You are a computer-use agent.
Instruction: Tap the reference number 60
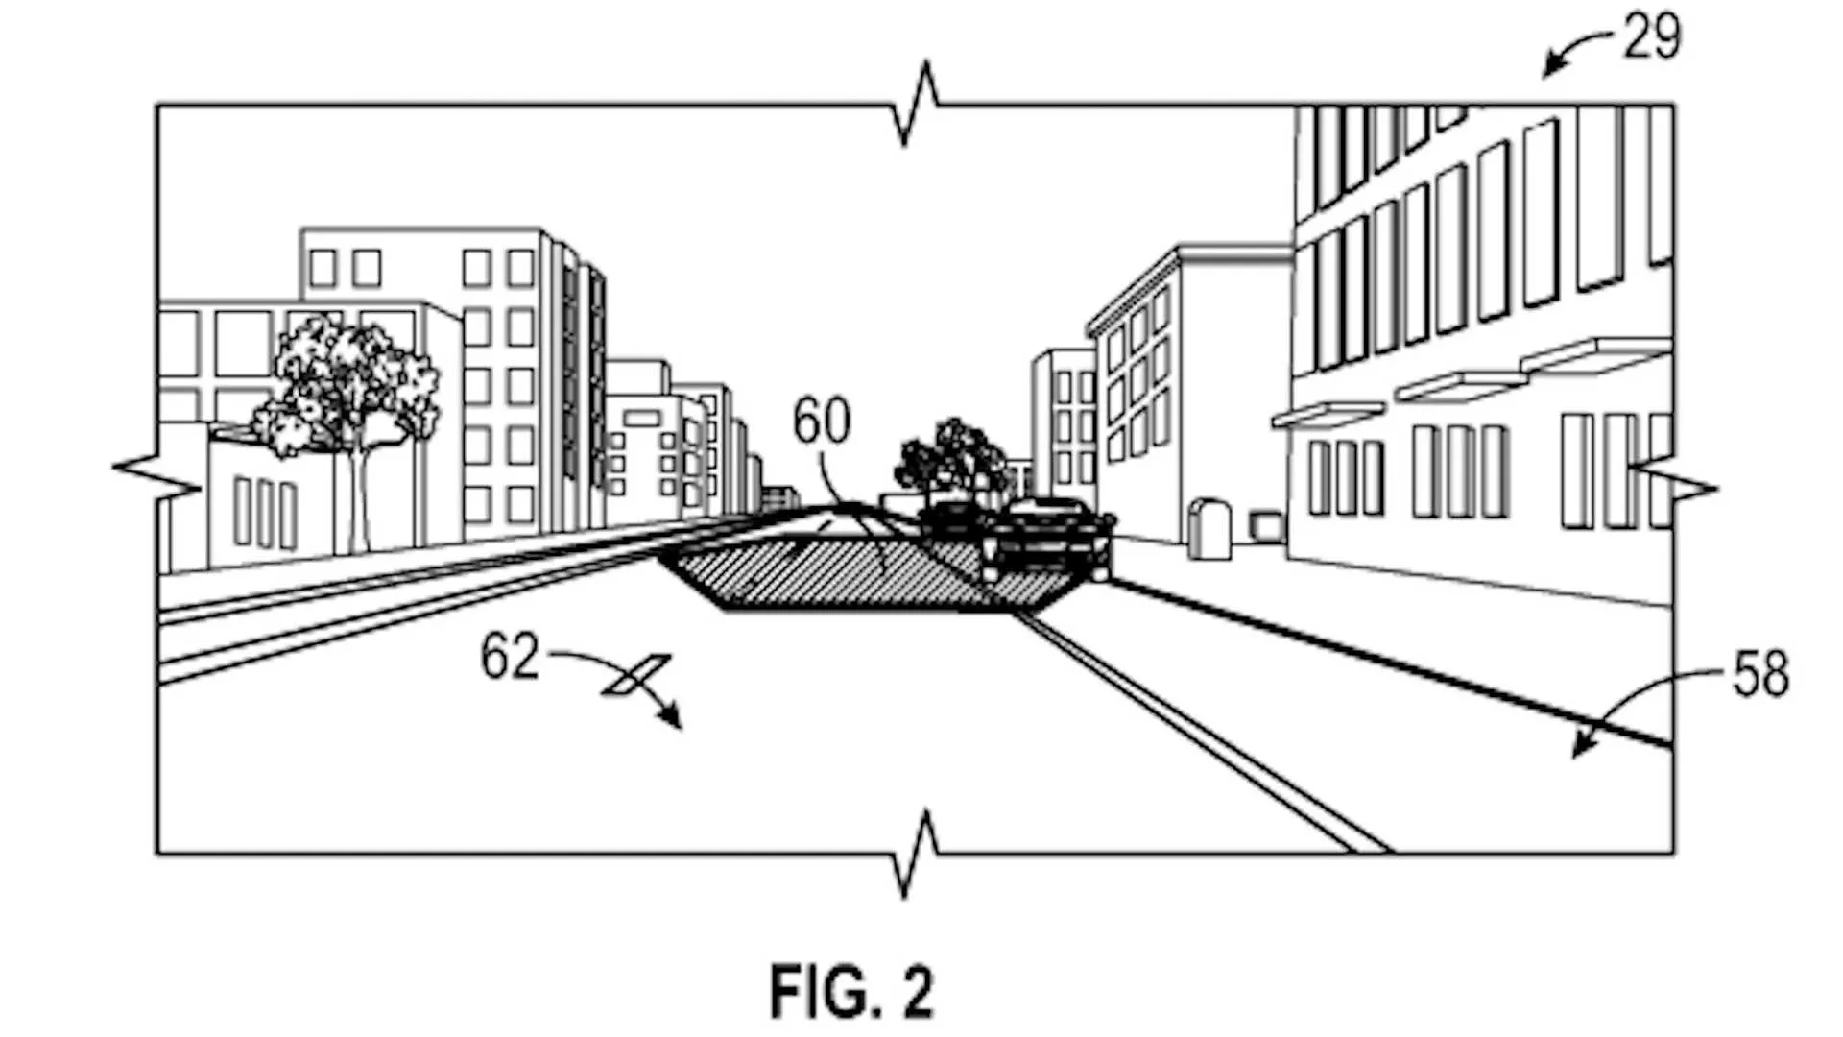click(822, 422)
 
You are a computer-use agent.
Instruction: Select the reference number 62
click(510, 657)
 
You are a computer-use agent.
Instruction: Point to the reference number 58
click(1760, 674)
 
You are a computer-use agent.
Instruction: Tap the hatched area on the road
click(864, 572)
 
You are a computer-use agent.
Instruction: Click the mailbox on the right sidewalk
click(1209, 528)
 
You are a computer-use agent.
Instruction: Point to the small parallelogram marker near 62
click(635, 674)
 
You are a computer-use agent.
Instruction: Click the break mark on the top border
click(918, 104)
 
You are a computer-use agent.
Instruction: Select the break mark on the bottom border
click(918, 853)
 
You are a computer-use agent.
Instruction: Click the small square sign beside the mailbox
click(1266, 525)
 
